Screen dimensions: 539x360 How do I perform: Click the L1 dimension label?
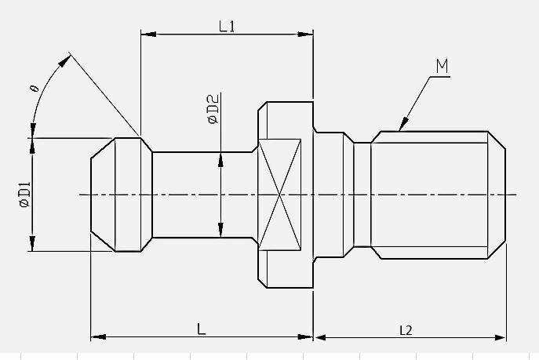click(227, 26)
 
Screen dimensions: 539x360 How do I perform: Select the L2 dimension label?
click(406, 330)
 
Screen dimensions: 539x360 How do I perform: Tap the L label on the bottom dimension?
click(202, 329)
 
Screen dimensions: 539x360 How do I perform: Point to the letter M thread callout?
click(442, 66)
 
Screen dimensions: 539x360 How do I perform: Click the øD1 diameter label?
click(25, 195)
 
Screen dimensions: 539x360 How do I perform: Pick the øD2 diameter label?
click(213, 109)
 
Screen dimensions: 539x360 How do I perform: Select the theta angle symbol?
click(35, 89)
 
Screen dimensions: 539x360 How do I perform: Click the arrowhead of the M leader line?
click(403, 124)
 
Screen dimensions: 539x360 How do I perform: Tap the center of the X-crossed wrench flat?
click(279, 195)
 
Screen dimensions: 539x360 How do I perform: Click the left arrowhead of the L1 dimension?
click(148, 34)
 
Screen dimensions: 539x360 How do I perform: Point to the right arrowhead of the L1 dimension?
click(305, 34)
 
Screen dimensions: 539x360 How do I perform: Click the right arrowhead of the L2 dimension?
click(499, 338)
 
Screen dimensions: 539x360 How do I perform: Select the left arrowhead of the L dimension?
click(98, 337)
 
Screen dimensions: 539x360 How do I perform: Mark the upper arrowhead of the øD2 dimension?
click(220, 160)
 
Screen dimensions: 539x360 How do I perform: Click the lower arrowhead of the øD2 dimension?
click(220, 230)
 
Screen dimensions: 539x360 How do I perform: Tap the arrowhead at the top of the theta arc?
click(64, 61)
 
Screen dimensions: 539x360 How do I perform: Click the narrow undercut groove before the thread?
click(362, 195)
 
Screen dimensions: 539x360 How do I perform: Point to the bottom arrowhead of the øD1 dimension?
click(32, 244)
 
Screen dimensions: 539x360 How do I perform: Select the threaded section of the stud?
click(439, 195)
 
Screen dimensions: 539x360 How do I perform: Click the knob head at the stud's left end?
click(122, 195)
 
